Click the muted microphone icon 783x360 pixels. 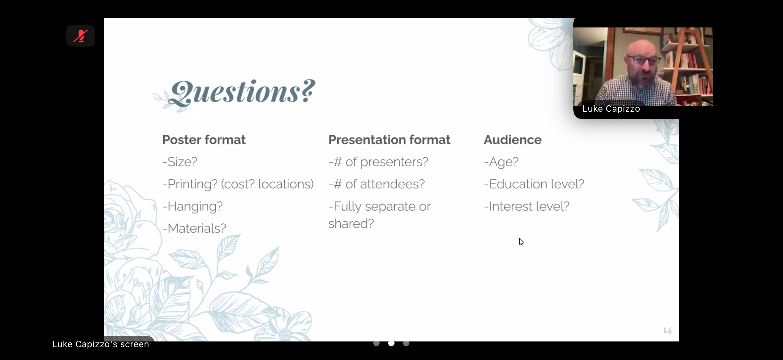point(81,36)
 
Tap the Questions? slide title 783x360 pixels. point(242,92)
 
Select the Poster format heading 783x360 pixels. point(204,140)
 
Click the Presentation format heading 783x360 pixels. point(389,140)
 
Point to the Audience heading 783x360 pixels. point(513,140)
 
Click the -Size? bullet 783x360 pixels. point(180,162)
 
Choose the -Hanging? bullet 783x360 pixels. point(193,207)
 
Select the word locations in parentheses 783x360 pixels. point(286,184)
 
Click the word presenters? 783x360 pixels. point(394,162)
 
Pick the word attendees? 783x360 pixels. point(392,184)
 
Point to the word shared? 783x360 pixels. point(351,224)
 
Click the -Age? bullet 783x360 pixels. point(501,162)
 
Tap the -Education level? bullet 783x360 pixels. point(534,184)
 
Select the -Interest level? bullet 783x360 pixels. point(527,207)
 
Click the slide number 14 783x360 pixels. point(667,330)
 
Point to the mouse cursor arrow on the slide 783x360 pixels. point(521,242)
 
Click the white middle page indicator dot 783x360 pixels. point(391,343)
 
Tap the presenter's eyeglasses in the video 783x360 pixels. point(643,59)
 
